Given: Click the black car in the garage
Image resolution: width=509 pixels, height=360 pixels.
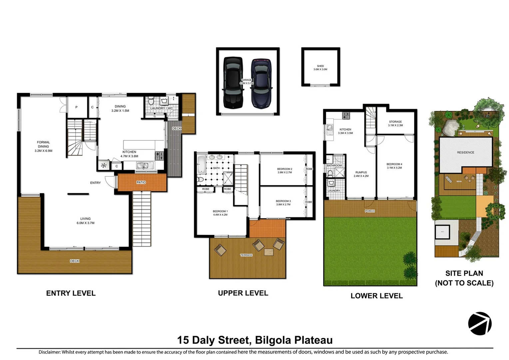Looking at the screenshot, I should pos(233,82).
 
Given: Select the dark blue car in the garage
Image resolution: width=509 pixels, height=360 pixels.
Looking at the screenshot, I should pos(261,83).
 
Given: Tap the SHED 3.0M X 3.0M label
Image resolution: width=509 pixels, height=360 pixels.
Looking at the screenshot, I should pos(320,68).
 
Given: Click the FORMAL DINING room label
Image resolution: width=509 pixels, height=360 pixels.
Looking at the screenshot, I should pos(43,146).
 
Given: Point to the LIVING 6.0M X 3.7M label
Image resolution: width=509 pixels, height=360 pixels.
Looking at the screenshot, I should pos(85,221).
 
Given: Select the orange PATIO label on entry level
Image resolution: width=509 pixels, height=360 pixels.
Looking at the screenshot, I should pos(141,182).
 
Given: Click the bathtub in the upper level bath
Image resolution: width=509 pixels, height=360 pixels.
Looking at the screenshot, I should pos(202,165).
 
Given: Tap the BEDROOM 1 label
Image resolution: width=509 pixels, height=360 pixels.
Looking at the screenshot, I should pos(220,213).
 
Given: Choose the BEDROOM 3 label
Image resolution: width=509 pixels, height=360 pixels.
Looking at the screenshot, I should pos(283,203).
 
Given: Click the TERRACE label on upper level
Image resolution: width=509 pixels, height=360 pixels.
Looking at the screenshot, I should pos(246,255).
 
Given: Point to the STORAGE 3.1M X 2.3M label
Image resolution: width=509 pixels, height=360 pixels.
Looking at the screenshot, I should pos(395,123).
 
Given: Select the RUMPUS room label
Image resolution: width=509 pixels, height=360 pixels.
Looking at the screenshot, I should pos(361,174).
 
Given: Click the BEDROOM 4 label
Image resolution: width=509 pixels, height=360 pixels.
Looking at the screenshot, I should pos(394,166).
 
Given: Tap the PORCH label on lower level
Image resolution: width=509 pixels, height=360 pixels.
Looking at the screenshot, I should pos(369,211).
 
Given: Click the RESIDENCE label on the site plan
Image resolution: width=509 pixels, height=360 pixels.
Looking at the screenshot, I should pos(465,152).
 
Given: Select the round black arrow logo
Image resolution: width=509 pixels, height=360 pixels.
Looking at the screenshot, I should pos(480,323).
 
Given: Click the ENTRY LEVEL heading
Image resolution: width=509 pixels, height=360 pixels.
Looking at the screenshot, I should pos(71,293).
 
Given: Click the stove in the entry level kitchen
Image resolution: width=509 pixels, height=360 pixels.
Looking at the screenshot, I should pos(159,155).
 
